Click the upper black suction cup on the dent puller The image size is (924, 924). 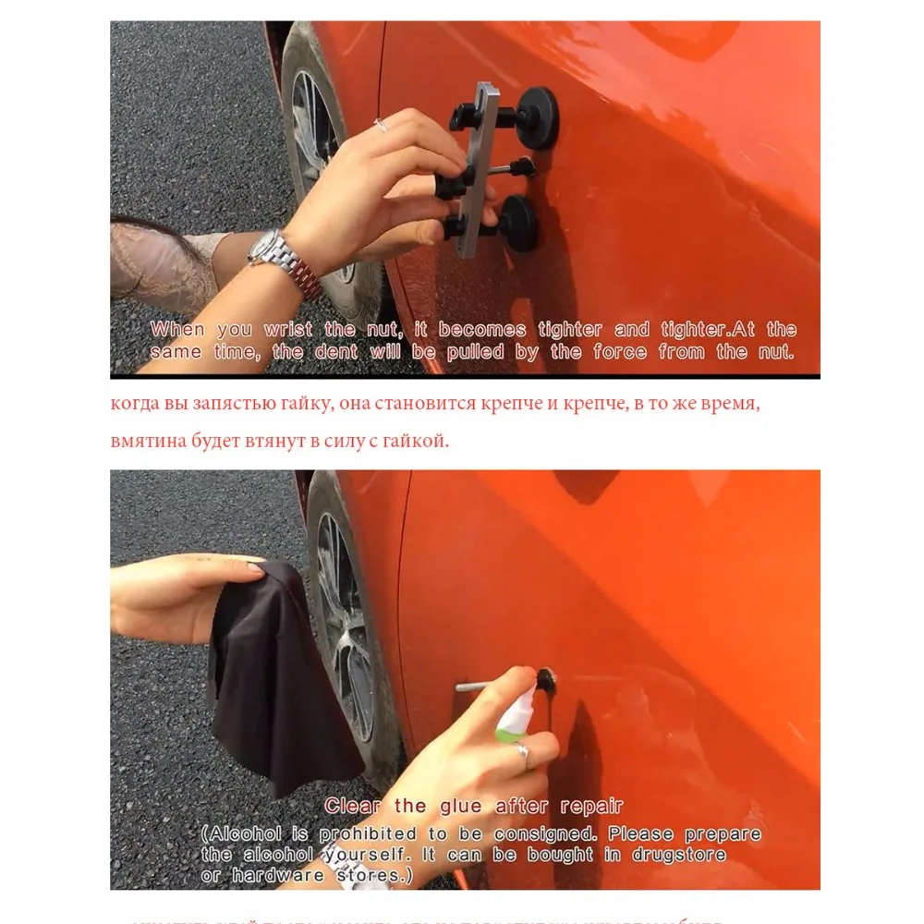537,117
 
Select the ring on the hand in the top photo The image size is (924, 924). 380,125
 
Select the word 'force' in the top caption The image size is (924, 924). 620,352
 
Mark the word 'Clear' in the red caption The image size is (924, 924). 352,807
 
